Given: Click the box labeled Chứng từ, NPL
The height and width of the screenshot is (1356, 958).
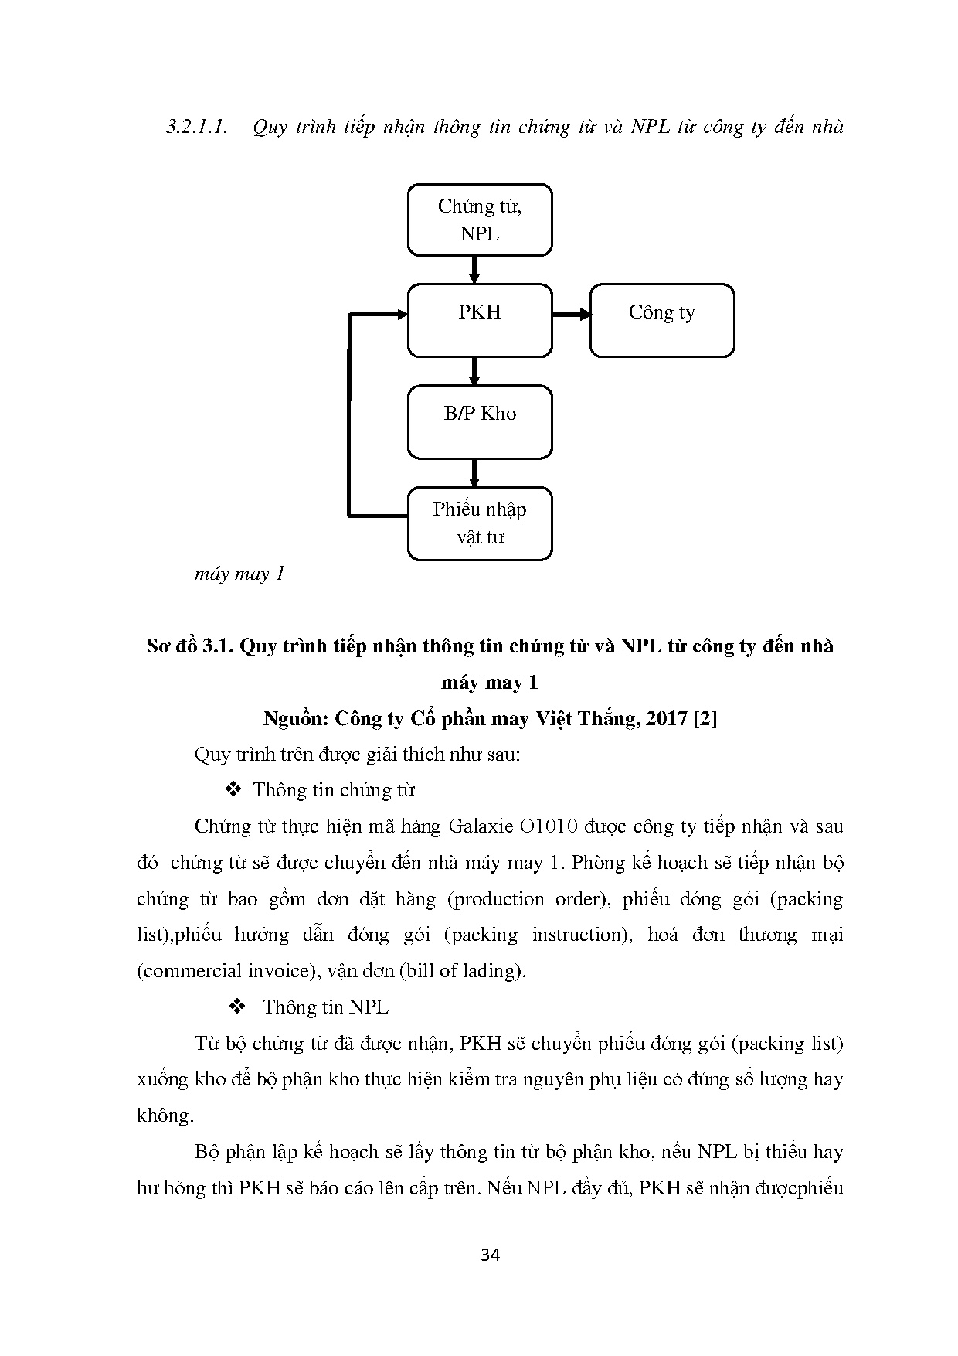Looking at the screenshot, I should tap(479, 220).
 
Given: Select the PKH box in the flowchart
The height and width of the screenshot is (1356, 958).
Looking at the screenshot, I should tap(479, 320).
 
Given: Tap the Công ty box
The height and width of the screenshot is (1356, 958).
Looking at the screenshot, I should tap(661, 320).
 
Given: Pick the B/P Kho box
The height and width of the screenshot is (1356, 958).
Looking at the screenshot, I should tap(479, 422).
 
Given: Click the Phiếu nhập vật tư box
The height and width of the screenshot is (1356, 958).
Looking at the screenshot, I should tap(479, 523).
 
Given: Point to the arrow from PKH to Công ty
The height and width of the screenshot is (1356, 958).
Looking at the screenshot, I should tap(571, 315).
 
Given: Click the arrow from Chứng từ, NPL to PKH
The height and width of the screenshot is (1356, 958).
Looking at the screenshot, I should tap(474, 269).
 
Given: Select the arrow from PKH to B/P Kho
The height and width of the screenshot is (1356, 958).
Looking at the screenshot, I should tap(474, 371).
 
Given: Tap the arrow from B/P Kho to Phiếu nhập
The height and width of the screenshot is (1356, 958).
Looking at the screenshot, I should tap(474, 472).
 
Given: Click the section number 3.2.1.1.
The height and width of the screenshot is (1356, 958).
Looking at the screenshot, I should tap(197, 128).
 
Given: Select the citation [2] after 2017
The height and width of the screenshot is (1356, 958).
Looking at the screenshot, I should tap(705, 719).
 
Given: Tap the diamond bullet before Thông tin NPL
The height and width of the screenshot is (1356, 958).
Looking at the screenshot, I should tap(237, 1007).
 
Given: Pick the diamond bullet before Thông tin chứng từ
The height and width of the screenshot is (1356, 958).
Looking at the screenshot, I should tap(233, 790).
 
